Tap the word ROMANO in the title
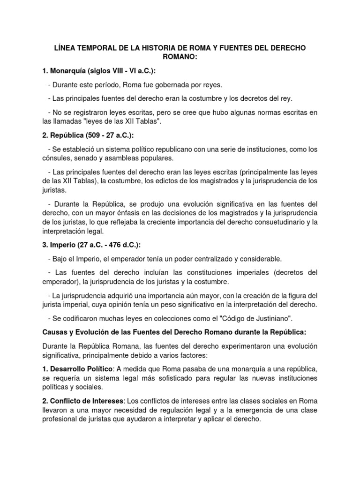click(x=180, y=58)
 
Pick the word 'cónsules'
click(x=56, y=158)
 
